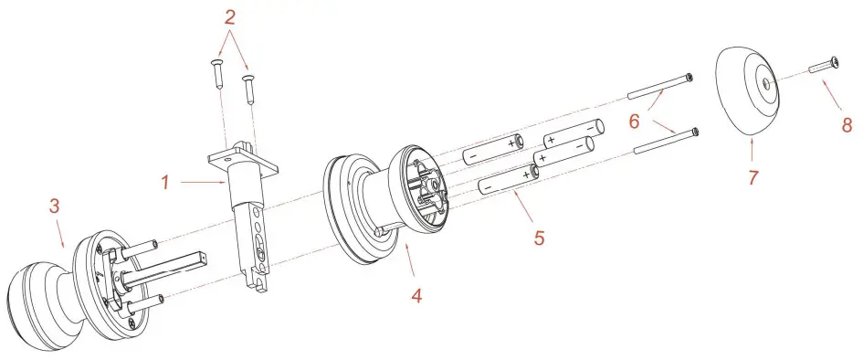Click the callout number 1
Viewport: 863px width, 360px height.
[166, 182]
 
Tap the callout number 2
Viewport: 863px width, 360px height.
[230, 16]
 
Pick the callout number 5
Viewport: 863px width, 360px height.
[540, 238]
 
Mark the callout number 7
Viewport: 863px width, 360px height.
[753, 178]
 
